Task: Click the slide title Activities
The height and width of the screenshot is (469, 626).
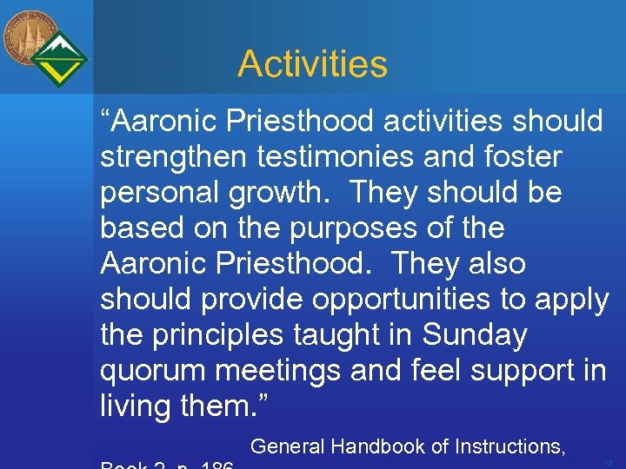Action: coord(312,63)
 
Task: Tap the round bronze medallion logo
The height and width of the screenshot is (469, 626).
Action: coord(29,38)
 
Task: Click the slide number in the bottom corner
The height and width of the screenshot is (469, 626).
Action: coord(608,462)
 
